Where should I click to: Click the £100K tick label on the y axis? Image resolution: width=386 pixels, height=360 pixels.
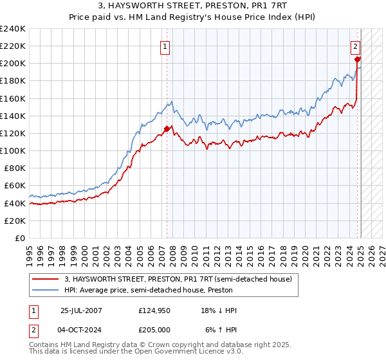click(13, 150)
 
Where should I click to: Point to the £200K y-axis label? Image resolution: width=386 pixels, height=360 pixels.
click(13, 64)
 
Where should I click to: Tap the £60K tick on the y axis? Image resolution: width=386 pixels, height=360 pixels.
click(15, 185)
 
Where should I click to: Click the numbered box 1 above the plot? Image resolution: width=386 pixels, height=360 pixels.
click(165, 46)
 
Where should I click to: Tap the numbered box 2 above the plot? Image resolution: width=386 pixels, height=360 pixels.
click(355, 46)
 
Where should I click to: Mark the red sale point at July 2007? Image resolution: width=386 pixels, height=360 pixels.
click(167, 129)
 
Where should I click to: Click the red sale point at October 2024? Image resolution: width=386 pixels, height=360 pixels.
click(358, 59)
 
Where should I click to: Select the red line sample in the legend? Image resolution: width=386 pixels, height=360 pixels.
click(45, 279)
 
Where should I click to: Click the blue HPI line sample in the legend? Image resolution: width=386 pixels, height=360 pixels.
click(45, 290)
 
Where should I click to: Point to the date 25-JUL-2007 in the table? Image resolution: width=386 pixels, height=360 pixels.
click(81, 310)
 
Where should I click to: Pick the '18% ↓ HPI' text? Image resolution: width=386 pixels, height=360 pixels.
click(218, 310)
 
